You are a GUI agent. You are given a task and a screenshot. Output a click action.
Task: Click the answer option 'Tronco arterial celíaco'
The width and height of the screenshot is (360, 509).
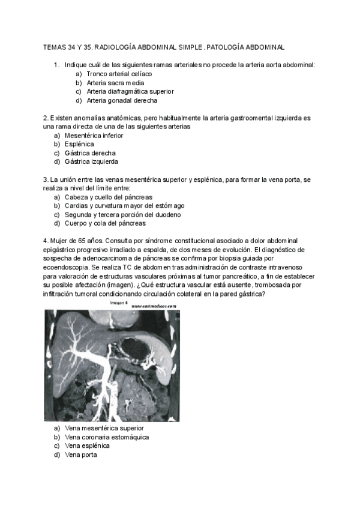[119, 73]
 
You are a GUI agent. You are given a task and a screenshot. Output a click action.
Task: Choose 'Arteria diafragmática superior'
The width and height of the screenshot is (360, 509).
[130, 91]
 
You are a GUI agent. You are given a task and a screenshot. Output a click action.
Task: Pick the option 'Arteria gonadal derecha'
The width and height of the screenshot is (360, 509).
[125, 100]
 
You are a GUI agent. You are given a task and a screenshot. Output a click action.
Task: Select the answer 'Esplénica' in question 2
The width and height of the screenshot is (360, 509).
[80, 144]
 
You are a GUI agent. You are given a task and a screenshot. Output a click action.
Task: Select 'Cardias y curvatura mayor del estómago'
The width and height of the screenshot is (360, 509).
[124, 206]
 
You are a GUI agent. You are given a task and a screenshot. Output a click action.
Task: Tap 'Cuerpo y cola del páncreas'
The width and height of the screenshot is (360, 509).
[105, 223]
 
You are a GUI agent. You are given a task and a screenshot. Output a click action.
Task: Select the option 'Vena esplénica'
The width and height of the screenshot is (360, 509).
[88, 446]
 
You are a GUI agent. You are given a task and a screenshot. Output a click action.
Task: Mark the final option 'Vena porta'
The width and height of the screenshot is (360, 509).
[80, 455]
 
